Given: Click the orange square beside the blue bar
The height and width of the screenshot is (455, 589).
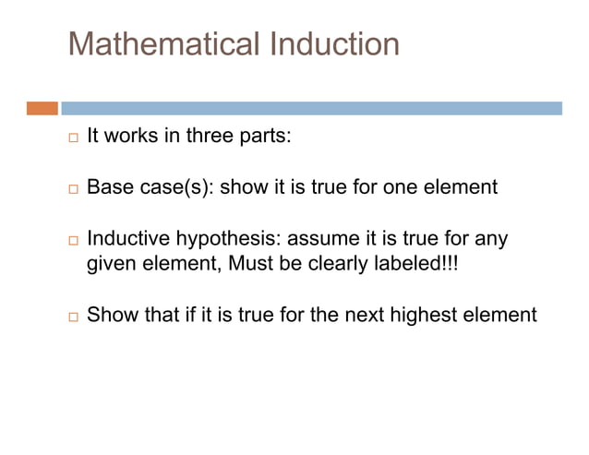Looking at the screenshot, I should (x=42, y=108).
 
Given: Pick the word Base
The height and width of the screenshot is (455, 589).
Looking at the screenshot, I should (x=109, y=187).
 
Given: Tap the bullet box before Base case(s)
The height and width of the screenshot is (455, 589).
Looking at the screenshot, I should (x=74, y=188).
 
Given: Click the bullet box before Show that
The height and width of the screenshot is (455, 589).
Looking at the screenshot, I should (x=74, y=315).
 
